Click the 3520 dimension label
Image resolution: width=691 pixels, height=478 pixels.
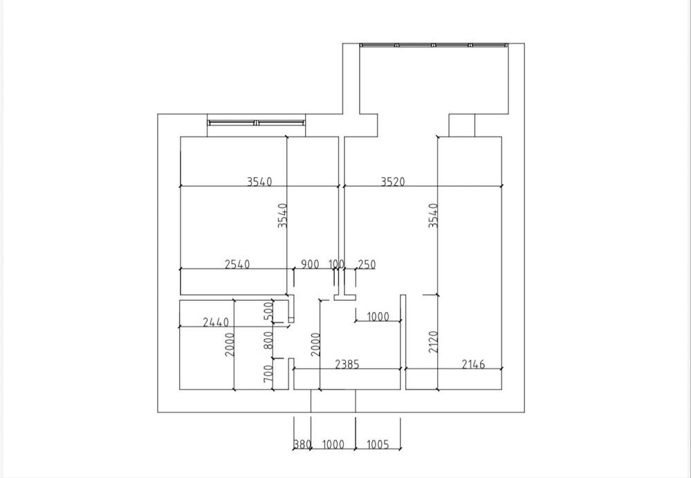pyautogui.click(x=392, y=182)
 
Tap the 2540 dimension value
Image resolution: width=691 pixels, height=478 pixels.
pyautogui.click(x=237, y=264)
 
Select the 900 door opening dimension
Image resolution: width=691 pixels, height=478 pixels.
pyautogui.click(x=311, y=264)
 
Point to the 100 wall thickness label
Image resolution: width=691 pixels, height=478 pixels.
pyautogui.click(x=336, y=264)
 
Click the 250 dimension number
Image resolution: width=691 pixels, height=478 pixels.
pyautogui.click(x=367, y=264)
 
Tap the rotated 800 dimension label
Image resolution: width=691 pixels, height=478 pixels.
pyautogui.click(x=269, y=340)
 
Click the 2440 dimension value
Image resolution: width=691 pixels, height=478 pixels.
pyautogui.click(x=215, y=322)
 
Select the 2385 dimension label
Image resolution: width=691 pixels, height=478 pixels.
pyautogui.click(x=347, y=364)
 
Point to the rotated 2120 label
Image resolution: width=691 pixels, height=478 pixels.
pyautogui.click(x=434, y=342)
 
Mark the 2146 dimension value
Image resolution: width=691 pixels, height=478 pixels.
pyautogui.click(x=473, y=364)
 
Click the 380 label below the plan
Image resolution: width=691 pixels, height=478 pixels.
pyautogui.click(x=302, y=445)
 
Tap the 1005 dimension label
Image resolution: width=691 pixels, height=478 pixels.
pyautogui.click(x=378, y=445)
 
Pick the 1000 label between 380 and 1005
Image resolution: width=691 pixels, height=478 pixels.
pyautogui.click(x=333, y=445)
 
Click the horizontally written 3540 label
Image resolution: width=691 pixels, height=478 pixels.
pyautogui.click(x=259, y=182)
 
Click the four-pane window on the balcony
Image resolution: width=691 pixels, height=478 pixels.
pyautogui.click(x=434, y=46)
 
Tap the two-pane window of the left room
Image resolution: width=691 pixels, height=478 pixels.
pyautogui.click(x=256, y=122)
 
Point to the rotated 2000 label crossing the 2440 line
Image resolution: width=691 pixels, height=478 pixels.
pyautogui.click(x=230, y=344)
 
